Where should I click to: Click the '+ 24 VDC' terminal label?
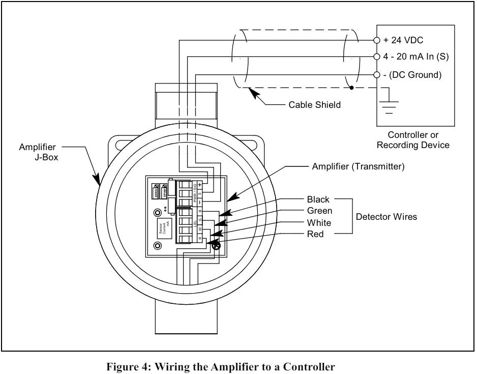403,40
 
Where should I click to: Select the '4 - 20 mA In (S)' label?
416,57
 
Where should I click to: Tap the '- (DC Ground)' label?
411,75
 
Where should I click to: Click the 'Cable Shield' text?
314,105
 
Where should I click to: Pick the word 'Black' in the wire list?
318,199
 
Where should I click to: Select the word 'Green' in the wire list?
320,211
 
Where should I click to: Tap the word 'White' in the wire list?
319,223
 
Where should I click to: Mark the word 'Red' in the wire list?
315,234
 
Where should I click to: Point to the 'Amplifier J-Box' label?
38,152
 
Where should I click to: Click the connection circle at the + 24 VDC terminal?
377,40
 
